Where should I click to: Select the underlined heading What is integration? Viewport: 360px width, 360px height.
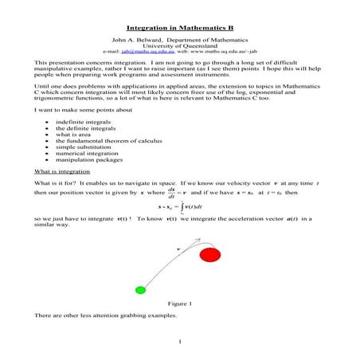[62, 173]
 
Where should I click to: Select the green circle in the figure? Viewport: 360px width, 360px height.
[141, 289]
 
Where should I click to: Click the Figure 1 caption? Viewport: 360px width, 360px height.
[180, 303]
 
